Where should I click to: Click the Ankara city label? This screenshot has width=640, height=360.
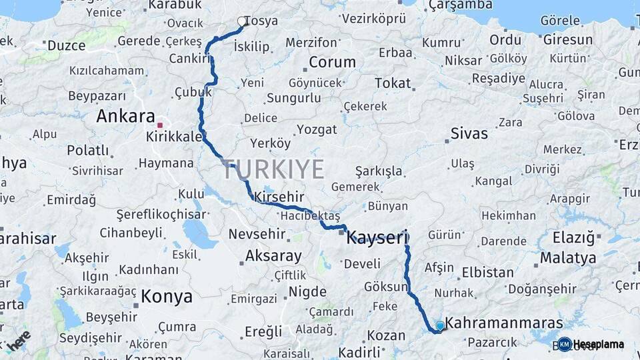[125, 116]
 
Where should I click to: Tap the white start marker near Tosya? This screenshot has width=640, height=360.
[242, 21]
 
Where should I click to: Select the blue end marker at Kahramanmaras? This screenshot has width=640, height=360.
[440, 325]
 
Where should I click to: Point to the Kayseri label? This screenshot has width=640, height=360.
[377, 237]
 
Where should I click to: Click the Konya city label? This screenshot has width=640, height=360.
[167, 297]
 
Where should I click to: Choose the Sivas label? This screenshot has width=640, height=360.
[469, 133]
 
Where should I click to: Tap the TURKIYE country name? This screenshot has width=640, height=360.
[273, 169]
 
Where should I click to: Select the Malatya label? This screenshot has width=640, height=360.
[568, 258]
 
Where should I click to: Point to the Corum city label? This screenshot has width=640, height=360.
[332, 63]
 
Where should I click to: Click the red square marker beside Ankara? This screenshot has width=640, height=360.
[159, 125]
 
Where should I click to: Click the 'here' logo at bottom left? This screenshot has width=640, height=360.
[18, 340]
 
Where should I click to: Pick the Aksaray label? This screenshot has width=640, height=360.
[273, 255]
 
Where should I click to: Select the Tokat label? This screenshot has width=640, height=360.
[393, 83]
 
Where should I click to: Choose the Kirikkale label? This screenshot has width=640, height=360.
[174, 136]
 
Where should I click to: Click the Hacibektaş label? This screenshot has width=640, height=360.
[310, 216]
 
